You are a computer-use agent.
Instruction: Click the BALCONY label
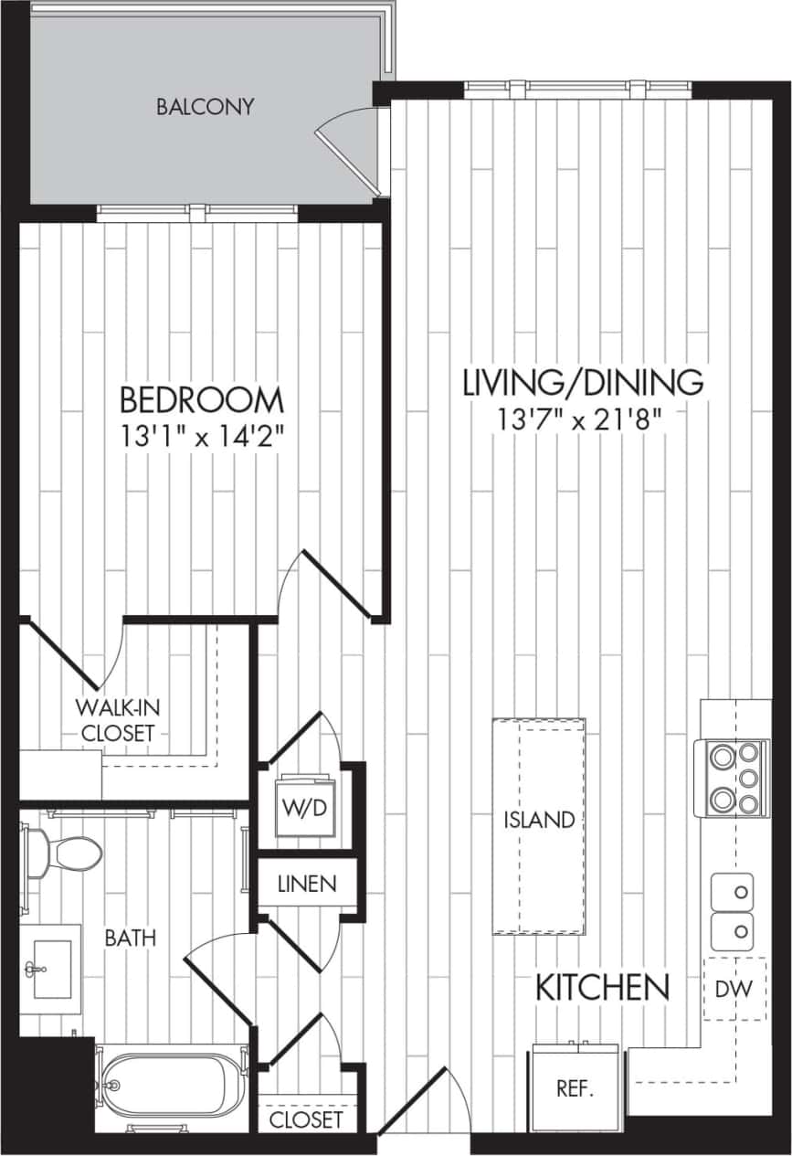coord(205,107)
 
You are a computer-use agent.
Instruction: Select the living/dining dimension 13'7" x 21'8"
coord(580,419)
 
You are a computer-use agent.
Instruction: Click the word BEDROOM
coord(202,400)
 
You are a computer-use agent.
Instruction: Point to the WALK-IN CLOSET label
coord(115,719)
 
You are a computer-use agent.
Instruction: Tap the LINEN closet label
coord(307,885)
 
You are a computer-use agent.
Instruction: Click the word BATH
coord(130,938)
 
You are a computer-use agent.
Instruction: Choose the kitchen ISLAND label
coord(540,821)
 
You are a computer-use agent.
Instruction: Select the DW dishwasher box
coord(735,988)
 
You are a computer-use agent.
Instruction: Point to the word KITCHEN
coord(602,988)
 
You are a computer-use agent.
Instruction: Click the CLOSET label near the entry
coord(307,1119)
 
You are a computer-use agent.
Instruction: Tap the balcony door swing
coord(347,146)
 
